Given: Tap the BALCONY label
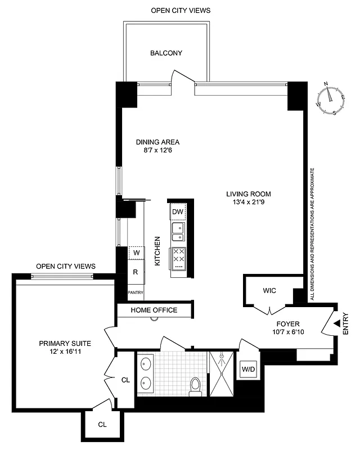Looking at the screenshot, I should coord(166,53).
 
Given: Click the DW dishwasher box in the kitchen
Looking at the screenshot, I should coord(178,211).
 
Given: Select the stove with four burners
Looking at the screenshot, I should coord(179,257).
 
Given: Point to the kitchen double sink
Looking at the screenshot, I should coord(178,232).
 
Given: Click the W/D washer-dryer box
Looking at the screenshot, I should coord(248,370).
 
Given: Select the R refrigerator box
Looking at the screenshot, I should coord(136,272).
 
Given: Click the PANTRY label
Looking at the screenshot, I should coord(136,292).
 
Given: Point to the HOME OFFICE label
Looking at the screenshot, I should coord(154,310).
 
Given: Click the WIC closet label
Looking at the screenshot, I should coord(269,291).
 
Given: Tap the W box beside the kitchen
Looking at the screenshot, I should coord(136,253).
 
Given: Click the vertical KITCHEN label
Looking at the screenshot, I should coord(158,251).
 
